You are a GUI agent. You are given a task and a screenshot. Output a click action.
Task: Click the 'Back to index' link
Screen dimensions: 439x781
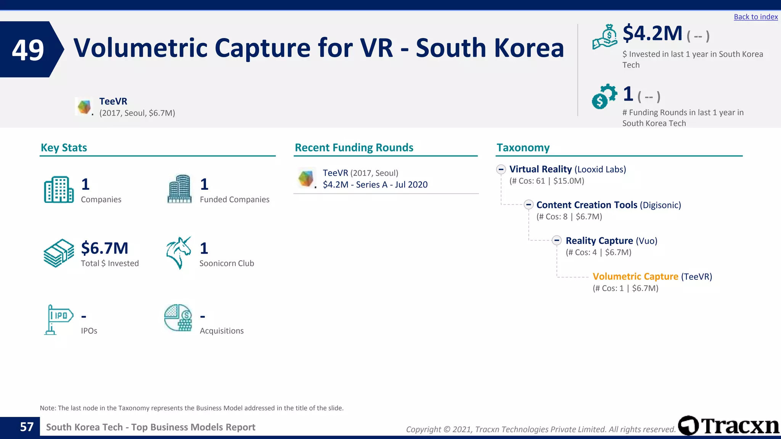[755, 17]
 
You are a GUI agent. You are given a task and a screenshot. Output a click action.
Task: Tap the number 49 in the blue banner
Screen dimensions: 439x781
[28, 50]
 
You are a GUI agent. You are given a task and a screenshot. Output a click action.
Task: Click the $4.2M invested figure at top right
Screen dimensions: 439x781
[652, 34]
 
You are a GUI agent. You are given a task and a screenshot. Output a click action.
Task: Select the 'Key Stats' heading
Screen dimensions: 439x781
[64, 147]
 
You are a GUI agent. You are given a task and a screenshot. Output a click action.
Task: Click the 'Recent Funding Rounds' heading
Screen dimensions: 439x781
[354, 147]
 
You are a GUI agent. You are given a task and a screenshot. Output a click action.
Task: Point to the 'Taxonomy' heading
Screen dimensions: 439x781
[523, 147]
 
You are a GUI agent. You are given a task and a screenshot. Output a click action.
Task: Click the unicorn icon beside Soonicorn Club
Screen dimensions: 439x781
[178, 253]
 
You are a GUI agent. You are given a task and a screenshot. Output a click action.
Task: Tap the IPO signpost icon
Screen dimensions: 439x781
[58, 319]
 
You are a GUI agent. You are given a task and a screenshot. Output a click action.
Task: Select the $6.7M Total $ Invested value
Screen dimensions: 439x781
[104, 248]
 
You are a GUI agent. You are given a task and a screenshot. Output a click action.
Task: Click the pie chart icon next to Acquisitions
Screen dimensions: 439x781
[178, 318]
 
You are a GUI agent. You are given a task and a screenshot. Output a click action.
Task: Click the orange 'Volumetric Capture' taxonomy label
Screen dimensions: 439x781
[635, 276]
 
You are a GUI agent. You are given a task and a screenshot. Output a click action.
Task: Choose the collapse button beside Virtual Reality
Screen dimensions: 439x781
[501, 169]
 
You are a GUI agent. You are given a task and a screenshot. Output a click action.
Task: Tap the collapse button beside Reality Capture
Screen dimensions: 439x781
[557, 240]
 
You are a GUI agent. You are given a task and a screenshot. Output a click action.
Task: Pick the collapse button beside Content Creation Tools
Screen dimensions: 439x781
[529, 205]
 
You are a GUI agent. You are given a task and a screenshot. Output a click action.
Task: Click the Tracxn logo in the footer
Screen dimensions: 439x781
[728, 425]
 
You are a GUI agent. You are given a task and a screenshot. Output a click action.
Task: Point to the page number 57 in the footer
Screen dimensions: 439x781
[27, 427]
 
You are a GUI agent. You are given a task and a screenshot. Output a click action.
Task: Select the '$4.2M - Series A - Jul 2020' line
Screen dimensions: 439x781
[375, 185]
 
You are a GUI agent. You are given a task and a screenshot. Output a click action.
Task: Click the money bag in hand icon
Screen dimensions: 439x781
[605, 37]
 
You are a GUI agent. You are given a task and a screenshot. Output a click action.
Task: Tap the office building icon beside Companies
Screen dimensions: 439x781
[59, 189]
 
